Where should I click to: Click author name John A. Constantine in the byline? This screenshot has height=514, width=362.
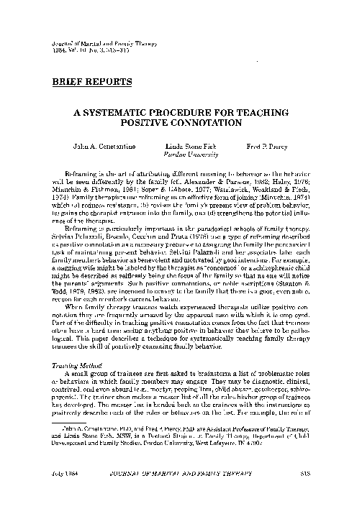104,145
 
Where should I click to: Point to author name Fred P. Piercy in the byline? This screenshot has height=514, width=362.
273,145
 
